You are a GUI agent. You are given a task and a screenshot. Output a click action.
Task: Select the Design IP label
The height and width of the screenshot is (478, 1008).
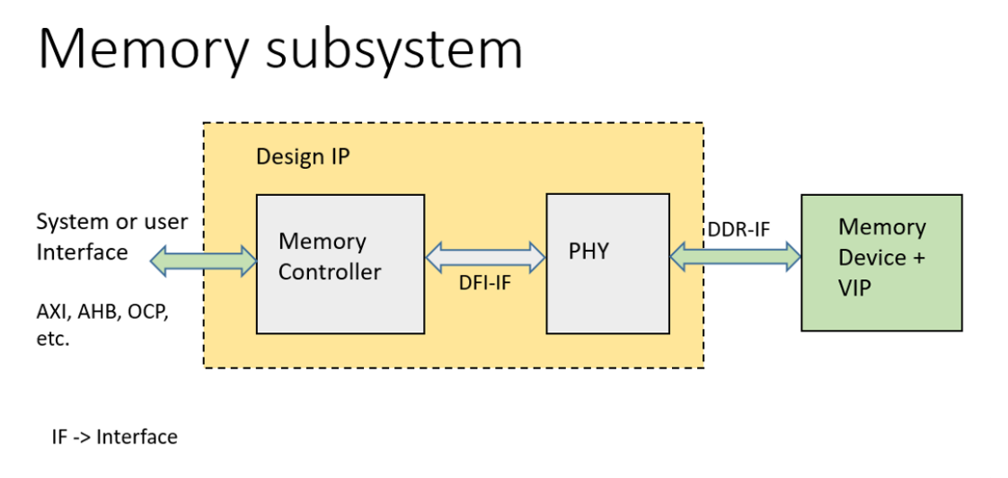coord(303,156)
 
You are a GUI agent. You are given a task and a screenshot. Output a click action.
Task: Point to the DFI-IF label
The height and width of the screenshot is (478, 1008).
coord(484,284)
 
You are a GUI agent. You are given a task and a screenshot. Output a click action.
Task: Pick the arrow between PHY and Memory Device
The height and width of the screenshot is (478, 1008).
coord(735,258)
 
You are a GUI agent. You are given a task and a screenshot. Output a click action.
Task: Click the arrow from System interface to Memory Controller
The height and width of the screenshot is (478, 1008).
coord(204,261)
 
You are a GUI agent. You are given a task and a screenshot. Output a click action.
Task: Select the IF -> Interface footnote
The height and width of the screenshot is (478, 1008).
coord(114,438)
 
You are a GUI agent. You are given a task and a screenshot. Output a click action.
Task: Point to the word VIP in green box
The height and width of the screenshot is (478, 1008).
coord(854,288)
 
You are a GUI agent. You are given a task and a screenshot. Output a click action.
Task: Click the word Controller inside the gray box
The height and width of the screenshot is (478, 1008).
coord(329,271)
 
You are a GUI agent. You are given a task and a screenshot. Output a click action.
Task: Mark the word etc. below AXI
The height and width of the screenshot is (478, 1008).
coord(52,340)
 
